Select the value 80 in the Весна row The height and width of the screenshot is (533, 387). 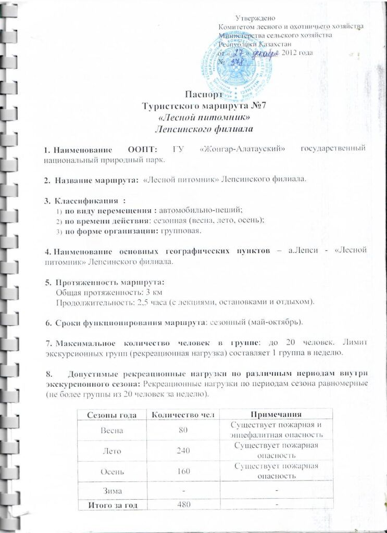(x=182, y=430)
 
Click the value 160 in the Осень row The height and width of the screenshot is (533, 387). (x=182, y=471)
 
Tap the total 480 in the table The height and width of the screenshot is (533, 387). (x=182, y=504)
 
